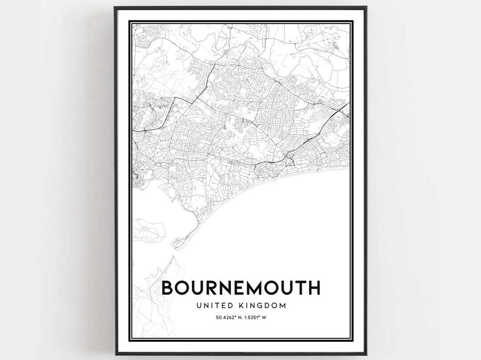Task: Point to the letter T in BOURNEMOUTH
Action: coord(297,288)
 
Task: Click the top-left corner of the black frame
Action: coord(115,8)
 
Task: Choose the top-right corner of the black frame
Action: coord(366,8)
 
